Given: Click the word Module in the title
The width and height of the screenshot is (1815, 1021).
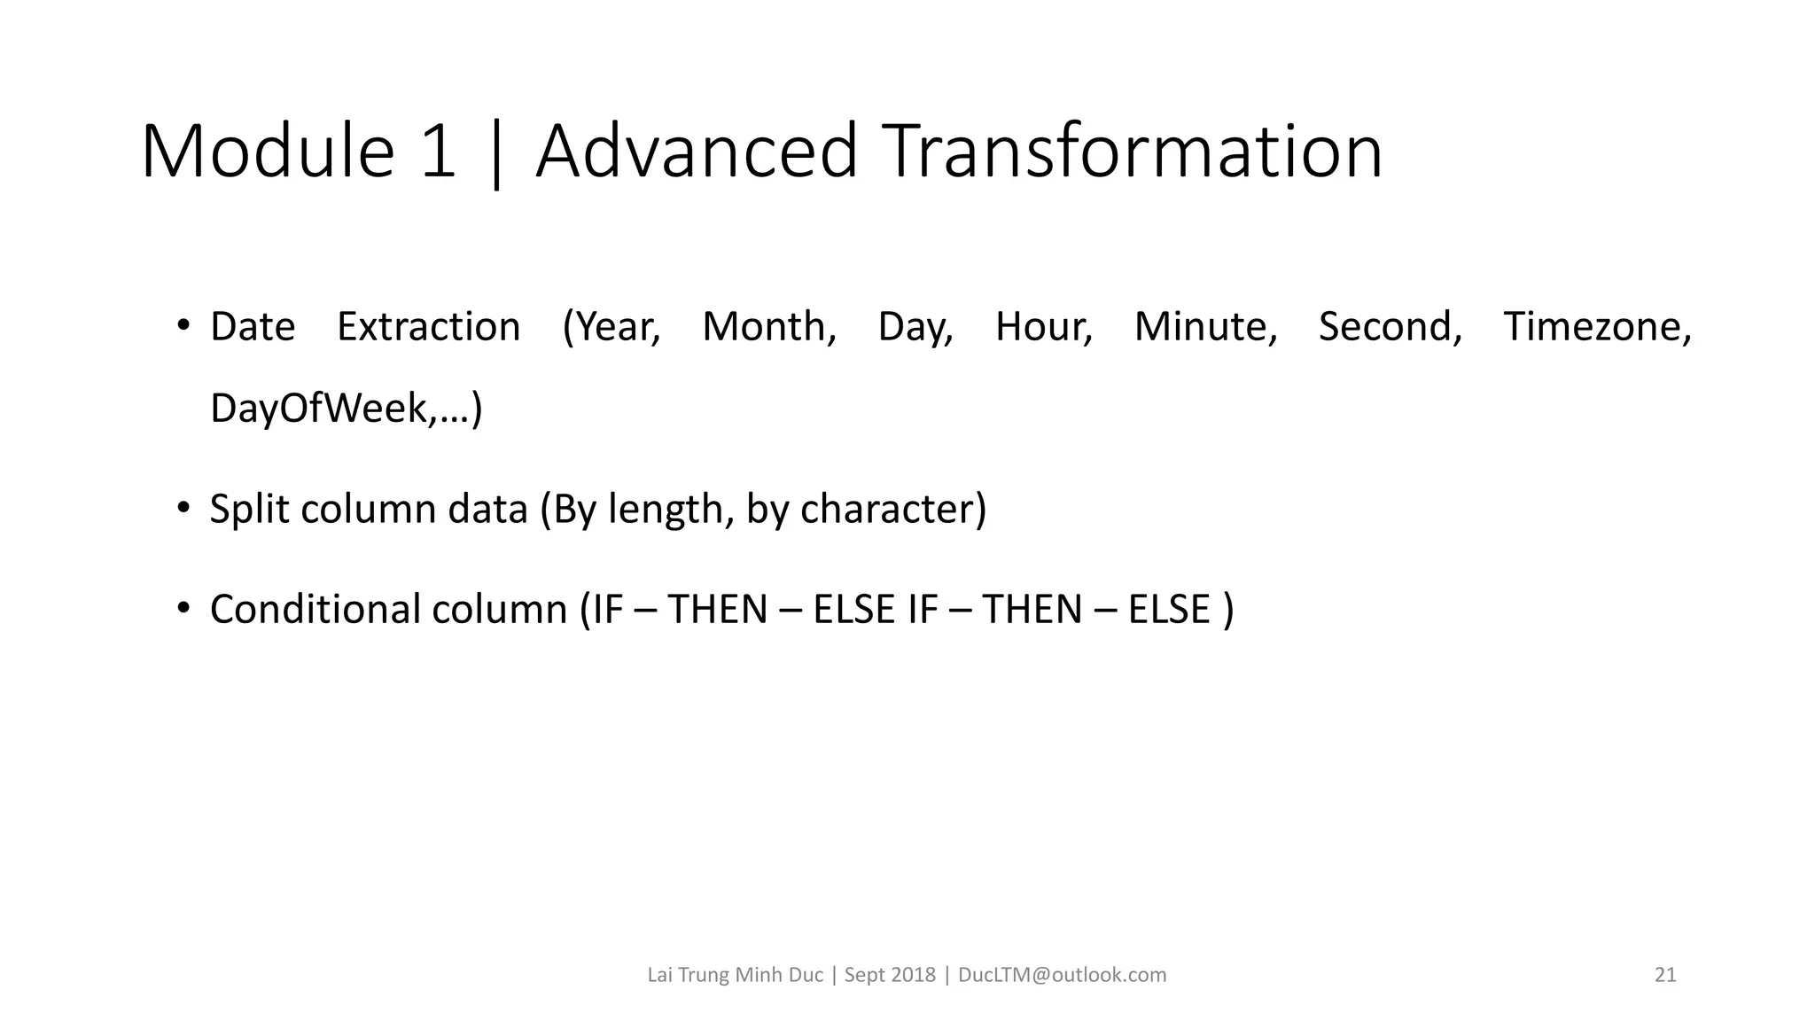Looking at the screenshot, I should [x=267, y=152].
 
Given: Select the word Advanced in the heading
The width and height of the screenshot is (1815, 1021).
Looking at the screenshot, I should [x=697, y=152].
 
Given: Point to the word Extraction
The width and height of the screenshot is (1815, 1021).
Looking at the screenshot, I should [x=429, y=327].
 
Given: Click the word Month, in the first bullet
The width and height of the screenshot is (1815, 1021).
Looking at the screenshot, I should [x=769, y=327].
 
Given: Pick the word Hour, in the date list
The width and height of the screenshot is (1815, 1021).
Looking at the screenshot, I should [x=1044, y=327].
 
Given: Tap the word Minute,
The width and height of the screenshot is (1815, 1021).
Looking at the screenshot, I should [x=1205, y=327].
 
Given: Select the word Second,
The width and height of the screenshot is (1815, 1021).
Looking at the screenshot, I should [x=1390, y=327].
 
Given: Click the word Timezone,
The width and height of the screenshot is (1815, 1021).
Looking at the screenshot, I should [x=1598, y=327].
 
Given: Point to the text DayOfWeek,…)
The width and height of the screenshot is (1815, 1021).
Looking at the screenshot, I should [x=347, y=409].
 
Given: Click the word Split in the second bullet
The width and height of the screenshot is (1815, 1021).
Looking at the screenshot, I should [x=250, y=510].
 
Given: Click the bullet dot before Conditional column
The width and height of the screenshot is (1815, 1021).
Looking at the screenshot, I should [x=183, y=608].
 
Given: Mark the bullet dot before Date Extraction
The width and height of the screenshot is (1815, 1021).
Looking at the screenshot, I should [x=183, y=325].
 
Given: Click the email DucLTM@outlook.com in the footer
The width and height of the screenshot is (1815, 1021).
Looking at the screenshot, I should [x=1063, y=975].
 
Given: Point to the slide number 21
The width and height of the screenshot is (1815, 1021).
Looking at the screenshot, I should [x=1665, y=975].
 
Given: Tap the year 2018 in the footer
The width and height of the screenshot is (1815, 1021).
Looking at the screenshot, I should [x=913, y=975].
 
